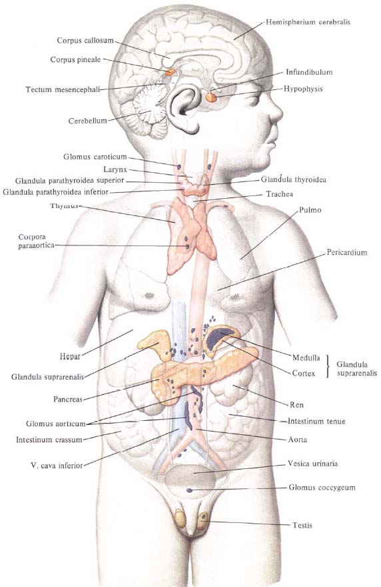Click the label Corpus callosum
pyautogui.click(x=85, y=41)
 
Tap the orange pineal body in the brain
pyautogui.click(x=170, y=72)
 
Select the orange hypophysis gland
pyautogui.click(x=211, y=97)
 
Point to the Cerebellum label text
pyautogui.click(x=87, y=121)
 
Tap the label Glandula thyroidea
pyautogui.click(x=294, y=179)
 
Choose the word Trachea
pyautogui.click(x=279, y=194)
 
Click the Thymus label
pyautogui.click(x=65, y=205)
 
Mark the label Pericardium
pyautogui.click(x=347, y=252)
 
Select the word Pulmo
pyautogui.click(x=310, y=210)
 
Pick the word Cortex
pyautogui.click(x=304, y=374)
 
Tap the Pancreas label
pyautogui.click(x=68, y=399)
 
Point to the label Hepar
pyautogui.click(x=70, y=356)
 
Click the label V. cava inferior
pyautogui.click(x=57, y=466)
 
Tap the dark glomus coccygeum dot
pyautogui.click(x=190, y=490)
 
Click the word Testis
pyautogui.click(x=302, y=525)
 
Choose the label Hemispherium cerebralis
pyautogui.click(x=308, y=22)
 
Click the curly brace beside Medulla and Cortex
pyautogui.click(x=328, y=366)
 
